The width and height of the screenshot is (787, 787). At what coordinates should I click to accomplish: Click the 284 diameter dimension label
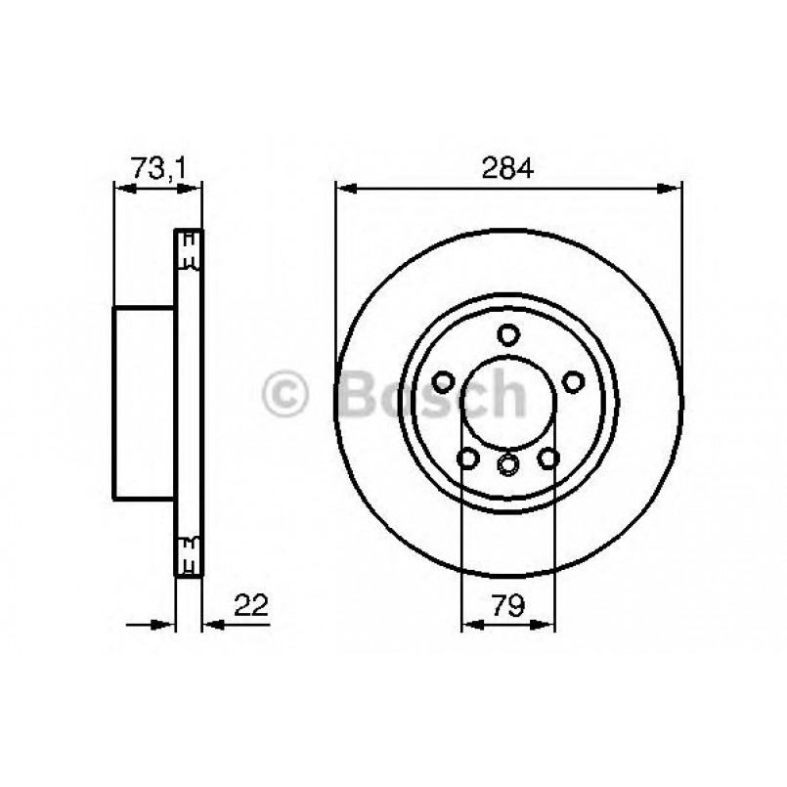507,168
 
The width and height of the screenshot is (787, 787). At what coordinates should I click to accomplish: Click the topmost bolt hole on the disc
507,335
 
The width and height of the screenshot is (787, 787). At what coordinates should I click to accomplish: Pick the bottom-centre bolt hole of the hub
507,464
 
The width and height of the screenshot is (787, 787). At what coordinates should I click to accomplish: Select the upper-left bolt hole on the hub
443,382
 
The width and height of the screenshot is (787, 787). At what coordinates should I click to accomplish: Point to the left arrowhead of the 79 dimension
468,621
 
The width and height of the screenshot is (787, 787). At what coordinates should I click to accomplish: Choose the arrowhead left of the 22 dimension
167,621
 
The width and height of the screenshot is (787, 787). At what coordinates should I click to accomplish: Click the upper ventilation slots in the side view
189,249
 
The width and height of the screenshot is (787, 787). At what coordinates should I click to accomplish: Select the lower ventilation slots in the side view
189,553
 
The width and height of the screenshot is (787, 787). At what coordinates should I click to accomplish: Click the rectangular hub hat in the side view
145,401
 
